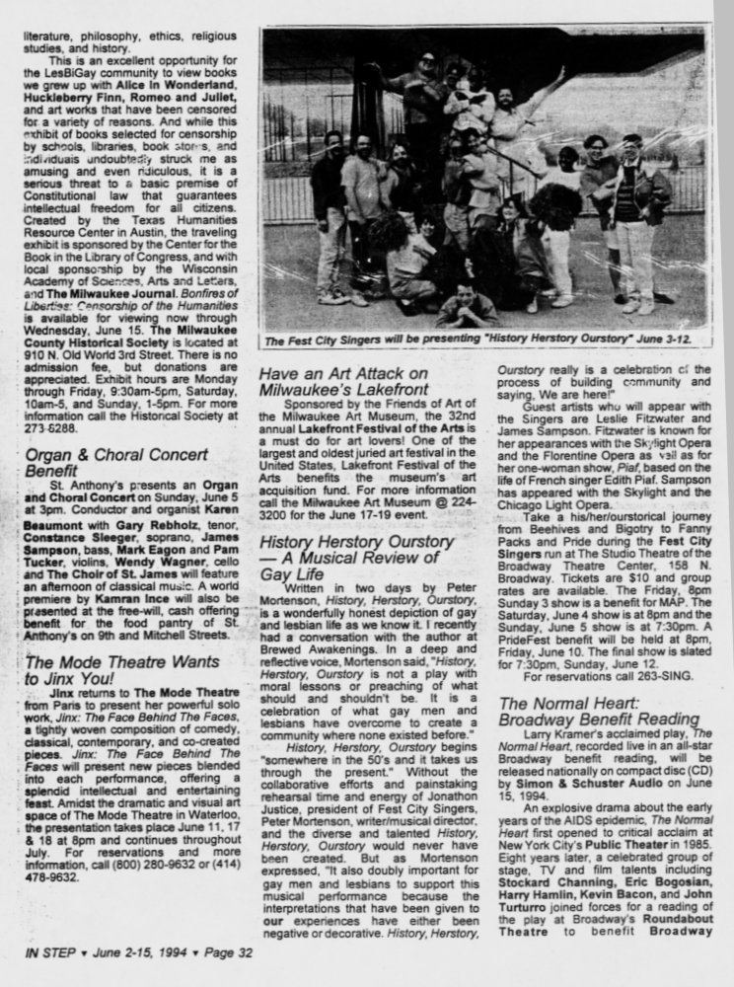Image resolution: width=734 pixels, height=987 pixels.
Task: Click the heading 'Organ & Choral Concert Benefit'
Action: (x=116, y=463)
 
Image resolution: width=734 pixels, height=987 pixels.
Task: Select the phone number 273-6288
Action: (x=50, y=430)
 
